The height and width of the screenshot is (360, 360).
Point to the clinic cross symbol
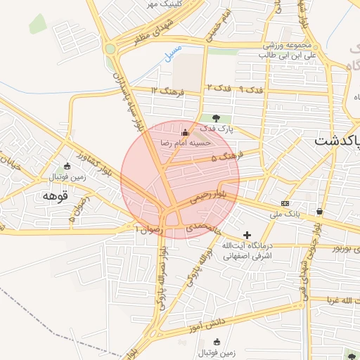(x=247, y=234)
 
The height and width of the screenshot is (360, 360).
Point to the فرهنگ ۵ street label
(x=224, y=158)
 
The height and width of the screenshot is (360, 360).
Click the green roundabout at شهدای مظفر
(x=110, y=49)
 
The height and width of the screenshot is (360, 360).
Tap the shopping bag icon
(x=320, y=210)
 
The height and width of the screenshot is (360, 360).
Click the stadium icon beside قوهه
(x=67, y=166)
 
